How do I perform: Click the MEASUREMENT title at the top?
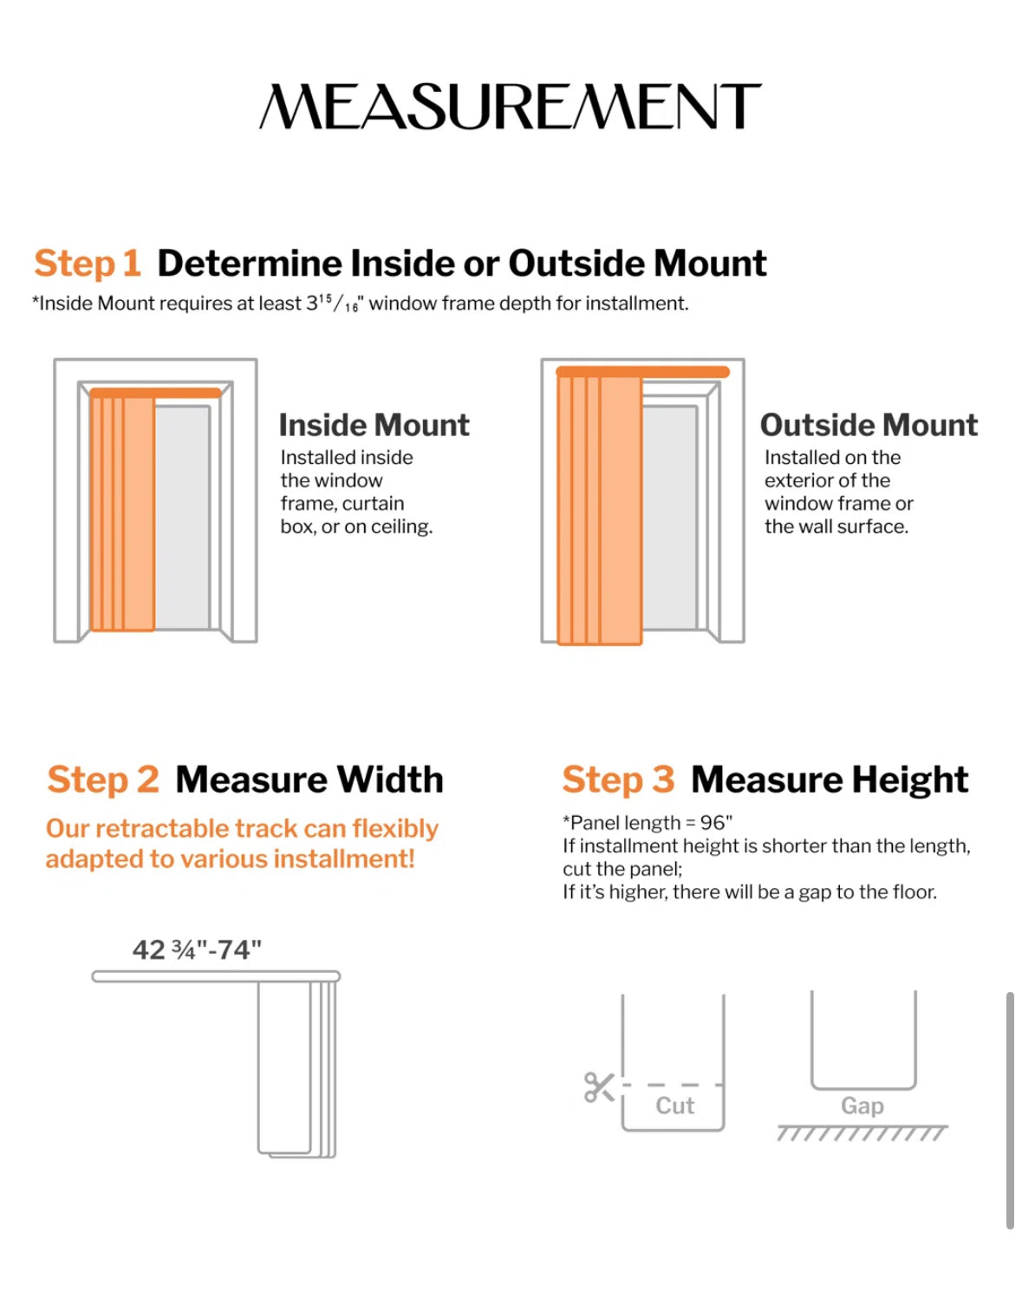point(510,106)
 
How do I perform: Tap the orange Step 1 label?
point(88,264)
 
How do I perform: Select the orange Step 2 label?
point(103,779)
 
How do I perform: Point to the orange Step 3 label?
point(618,779)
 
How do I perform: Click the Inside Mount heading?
point(374,425)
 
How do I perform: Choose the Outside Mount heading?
point(869,425)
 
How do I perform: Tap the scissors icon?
point(599,1087)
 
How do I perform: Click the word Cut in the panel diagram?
point(674,1106)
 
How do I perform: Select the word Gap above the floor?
point(863,1106)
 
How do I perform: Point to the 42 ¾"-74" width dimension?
point(197,950)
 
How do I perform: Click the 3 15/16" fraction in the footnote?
point(332,303)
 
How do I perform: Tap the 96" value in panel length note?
point(716,823)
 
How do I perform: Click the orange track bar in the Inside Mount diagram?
point(155,394)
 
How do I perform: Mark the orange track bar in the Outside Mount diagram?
point(642,372)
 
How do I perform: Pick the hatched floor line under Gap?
point(863,1133)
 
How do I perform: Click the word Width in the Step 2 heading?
point(389,779)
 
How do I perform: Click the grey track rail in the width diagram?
point(216,976)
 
